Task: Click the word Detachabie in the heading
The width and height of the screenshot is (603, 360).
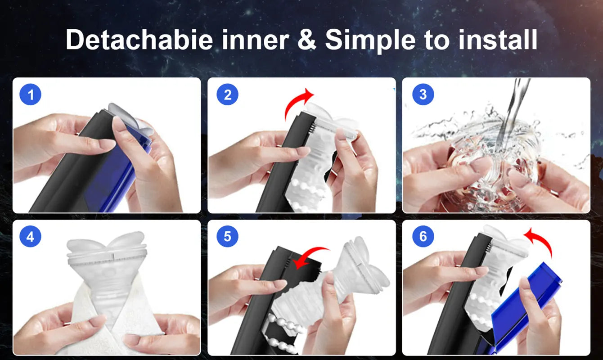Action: coord(139,40)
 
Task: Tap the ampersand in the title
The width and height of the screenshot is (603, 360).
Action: coord(307,40)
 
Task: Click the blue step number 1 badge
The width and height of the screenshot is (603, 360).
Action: coord(31,94)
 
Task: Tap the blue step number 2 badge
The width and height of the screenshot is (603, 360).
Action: coord(227,94)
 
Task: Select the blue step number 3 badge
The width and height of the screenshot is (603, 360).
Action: coord(423,94)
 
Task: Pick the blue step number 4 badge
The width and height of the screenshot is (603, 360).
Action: coord(31,237)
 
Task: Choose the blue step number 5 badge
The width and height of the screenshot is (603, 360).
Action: coord(227,237)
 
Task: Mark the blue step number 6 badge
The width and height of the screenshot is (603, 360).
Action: coord(423,237)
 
